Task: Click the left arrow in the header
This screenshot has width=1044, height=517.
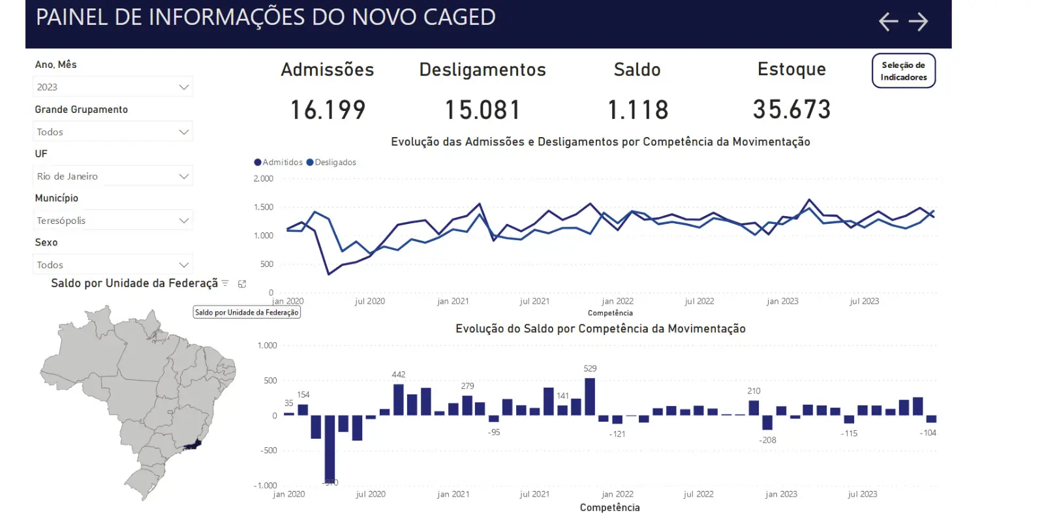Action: click(x=888, y=22)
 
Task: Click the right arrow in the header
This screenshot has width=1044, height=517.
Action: click(x=918, y=22)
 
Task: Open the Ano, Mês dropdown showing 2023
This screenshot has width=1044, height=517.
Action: click(x=112, y=87)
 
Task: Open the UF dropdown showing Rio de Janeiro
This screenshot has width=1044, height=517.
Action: click(x=112, y=176)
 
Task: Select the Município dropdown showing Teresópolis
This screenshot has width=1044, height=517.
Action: click(x=112, y=221)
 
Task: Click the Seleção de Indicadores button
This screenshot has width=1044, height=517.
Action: click(x=903, y=70)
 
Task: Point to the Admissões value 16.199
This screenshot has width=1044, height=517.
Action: click(x=328, y=110)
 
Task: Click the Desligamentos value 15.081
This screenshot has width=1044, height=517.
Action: click(x=482, y=110)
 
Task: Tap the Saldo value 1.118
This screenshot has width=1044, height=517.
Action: click(x=637, y=110)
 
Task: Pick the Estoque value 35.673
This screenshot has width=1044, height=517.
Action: click(x=791, y=109)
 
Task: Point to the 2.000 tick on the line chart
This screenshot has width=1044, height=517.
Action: click(x=264, y=179)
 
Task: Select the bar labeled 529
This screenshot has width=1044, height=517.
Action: click(x=590, y=397)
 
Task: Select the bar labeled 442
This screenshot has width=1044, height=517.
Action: click(x=399, y=399)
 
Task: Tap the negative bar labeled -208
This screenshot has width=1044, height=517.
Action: click(x=767, y=422)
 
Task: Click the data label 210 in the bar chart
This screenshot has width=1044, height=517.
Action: click(x=754, y=391)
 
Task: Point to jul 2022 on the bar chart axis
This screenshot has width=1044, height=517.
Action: click(x=698, y=494)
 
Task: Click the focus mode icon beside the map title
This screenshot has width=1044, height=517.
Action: click(x=242, y=284)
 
